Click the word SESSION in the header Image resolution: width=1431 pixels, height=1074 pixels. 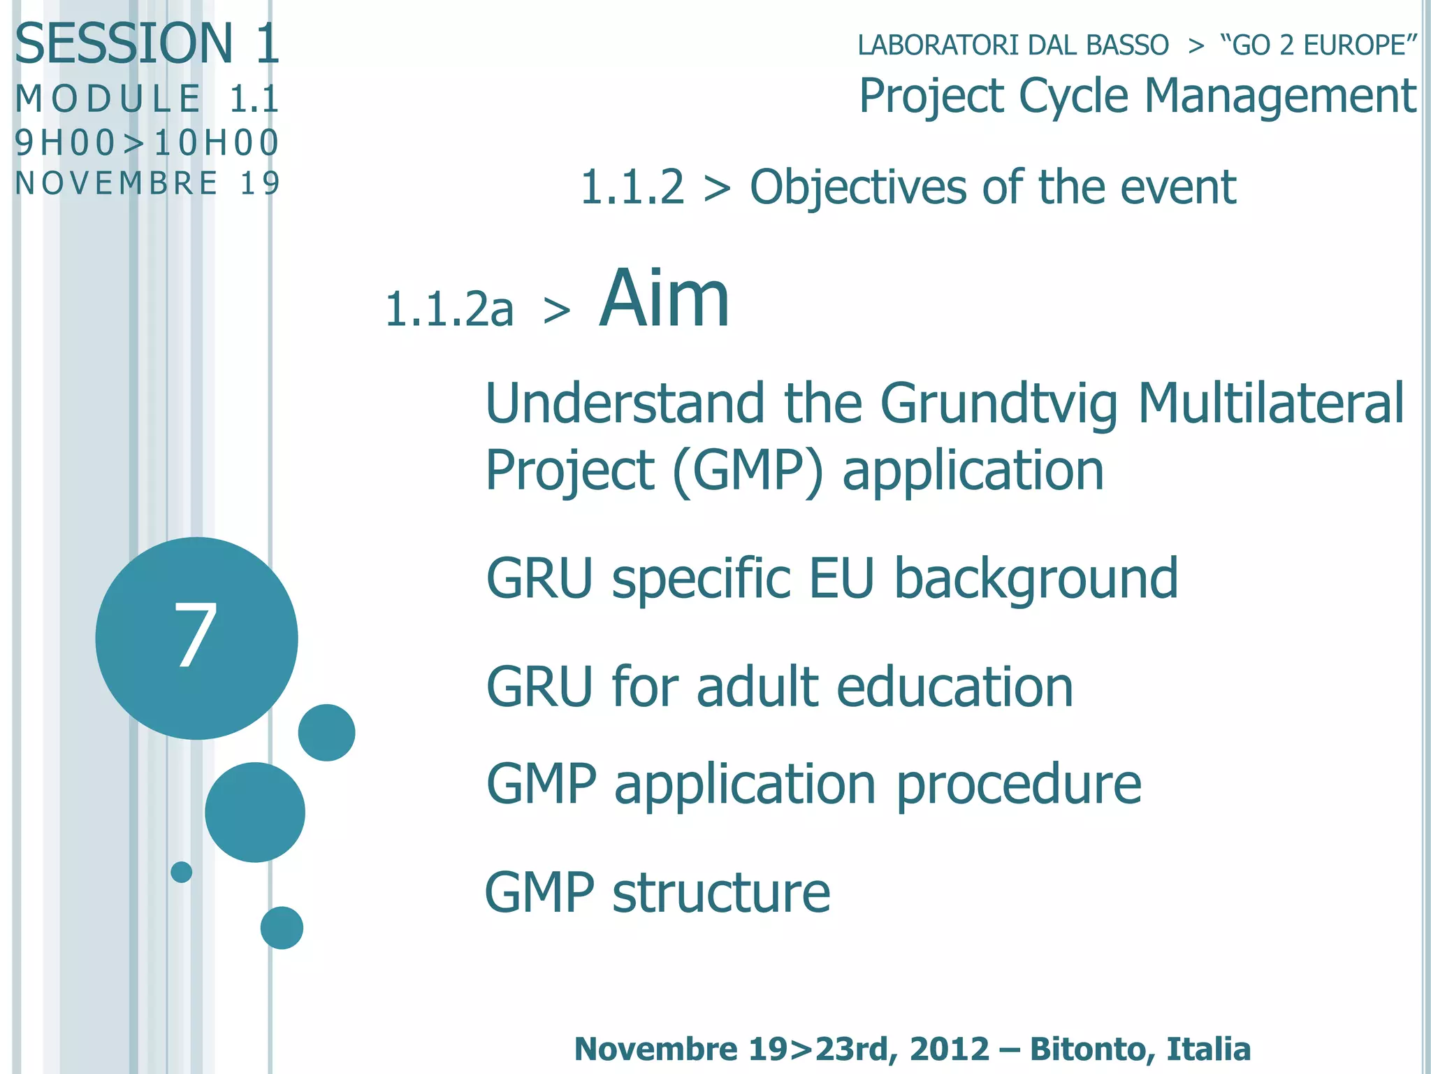click(124, 43)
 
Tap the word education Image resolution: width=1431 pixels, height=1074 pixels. click(954, 687)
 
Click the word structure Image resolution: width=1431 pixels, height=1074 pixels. click(721, 893)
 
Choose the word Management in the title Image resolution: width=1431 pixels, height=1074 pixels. click(1280, 96)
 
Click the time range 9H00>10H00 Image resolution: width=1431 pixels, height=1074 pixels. click(147, 143)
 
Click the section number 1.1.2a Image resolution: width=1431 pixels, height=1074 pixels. click(449, 309)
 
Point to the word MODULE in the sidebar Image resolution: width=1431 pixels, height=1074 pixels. click(108, 98)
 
